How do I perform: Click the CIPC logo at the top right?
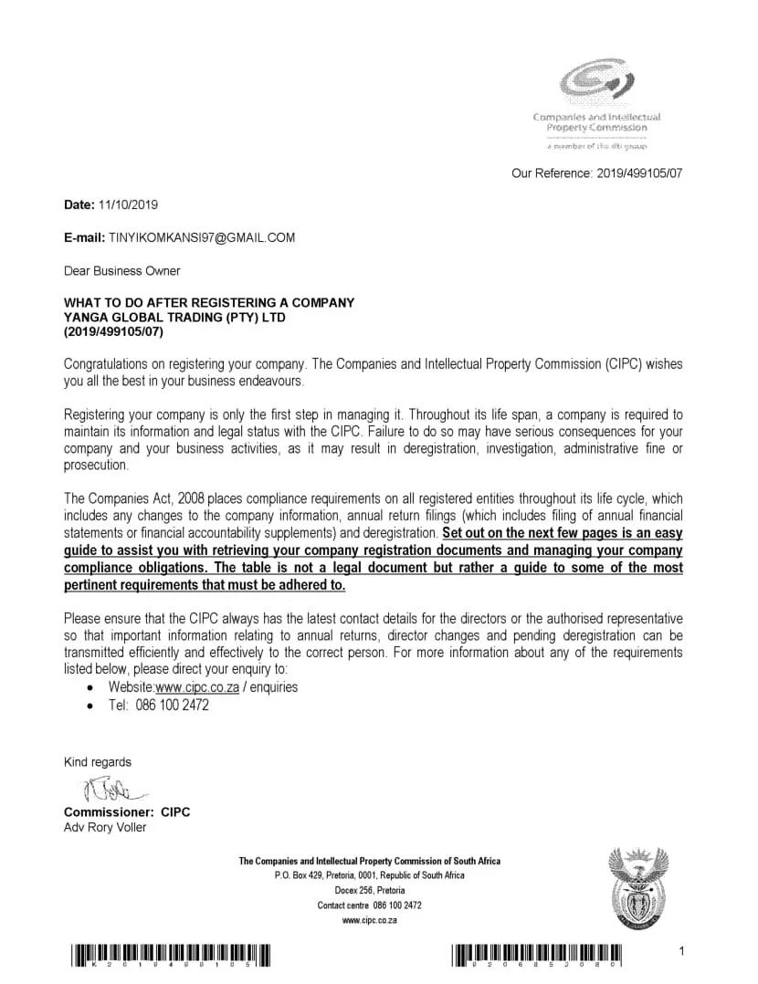[596, 85]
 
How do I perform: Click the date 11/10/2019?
[127, 204]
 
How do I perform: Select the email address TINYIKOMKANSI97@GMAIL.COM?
[202, 237]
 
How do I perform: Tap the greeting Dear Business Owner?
[121, 270]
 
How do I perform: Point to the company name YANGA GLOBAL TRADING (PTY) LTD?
[174, 318]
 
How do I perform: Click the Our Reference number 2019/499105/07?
[639, 172]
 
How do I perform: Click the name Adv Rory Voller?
[104, 827]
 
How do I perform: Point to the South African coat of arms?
[638, 886]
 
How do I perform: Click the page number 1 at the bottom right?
[681, 953]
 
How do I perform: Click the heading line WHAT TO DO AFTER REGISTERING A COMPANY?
[208, 303]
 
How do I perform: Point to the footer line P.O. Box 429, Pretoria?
[369, 875]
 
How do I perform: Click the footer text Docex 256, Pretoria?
[369, 890]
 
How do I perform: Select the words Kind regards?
[97, 762]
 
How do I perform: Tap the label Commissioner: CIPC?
[127, 812]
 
